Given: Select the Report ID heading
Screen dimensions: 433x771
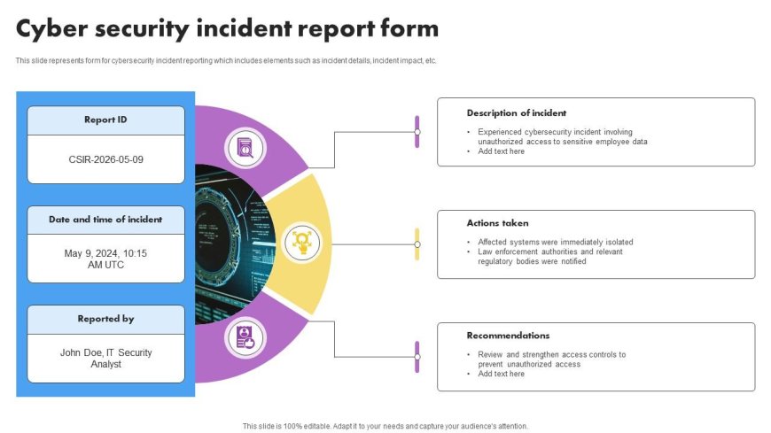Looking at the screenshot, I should point(105,120).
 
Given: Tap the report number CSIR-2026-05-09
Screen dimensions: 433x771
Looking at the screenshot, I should point(105,159).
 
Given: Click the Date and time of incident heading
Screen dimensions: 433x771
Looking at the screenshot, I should point(105,220).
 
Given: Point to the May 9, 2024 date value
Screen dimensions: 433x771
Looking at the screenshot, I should point(105,253).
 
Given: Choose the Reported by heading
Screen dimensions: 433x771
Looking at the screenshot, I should point(105,319).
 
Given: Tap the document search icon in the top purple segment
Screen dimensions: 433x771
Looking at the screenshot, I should point(245,147).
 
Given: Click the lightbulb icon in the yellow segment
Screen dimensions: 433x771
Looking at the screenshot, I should point(301,243).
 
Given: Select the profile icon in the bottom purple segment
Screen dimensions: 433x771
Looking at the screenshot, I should point(245,338).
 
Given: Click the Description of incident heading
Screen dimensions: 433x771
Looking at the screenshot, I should point(517,113).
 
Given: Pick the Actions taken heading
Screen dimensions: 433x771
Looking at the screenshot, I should point(497,223).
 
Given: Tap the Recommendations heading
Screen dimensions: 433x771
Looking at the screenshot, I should point(508,336).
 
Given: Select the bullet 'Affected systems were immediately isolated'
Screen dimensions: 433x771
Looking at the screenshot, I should point(555,242).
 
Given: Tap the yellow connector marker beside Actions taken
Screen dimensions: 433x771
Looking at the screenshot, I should point(417,244).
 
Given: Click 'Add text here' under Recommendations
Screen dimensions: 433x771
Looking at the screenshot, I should point(501,374).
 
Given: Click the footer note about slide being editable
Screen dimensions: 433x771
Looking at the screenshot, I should point(385,426).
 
